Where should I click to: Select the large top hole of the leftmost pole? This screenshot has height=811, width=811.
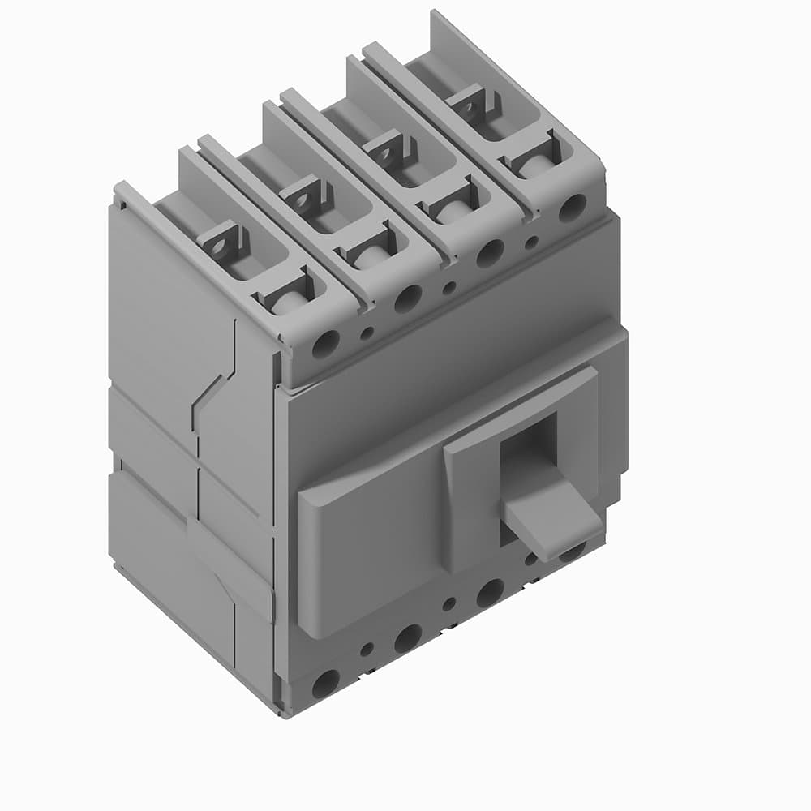click(x=326, y=344)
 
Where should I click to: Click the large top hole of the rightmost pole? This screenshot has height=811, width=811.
click(x=572, y=207)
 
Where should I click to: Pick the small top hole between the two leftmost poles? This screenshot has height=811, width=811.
click(x=367, y=331)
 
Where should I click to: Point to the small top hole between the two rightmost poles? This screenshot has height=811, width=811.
click(x=531, y=241)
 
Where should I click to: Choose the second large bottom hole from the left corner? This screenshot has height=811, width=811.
click(x=408, y=638)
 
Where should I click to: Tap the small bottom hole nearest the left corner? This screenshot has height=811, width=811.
click(x=367, y=649)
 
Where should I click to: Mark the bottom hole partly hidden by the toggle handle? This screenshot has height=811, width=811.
click(x=573, y=553)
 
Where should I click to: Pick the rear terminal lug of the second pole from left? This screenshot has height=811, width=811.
click(x=306, y=195)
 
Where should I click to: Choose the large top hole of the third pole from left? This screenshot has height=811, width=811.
click(x=490, y=254)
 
